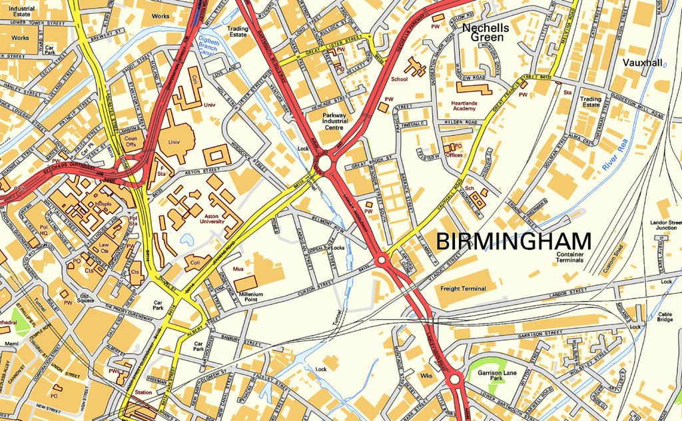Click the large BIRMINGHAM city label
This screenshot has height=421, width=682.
coord(513,241)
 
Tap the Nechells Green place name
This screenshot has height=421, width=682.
coord(486,33)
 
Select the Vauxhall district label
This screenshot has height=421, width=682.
coord(643,63)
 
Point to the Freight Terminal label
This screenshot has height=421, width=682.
coord(463,288)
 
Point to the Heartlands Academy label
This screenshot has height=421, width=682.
coord(473,107)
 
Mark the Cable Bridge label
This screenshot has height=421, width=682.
coord(665,318)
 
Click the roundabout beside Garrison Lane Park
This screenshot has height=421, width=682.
coord(455,380)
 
